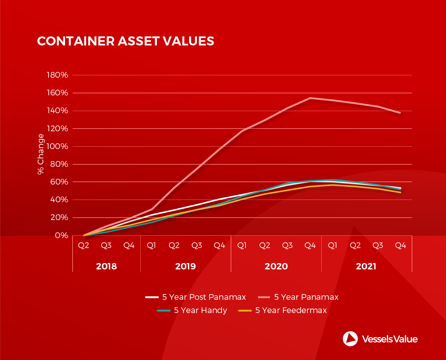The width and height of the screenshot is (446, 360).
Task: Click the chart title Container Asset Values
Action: (125, 41)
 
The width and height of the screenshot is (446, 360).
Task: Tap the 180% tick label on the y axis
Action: (58, 75)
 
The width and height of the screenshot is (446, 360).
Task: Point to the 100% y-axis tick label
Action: (58, 147)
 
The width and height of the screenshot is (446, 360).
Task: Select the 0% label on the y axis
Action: (61, 235)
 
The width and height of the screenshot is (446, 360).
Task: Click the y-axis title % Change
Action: (41, 154)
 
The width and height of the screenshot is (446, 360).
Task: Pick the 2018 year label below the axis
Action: (106, 266)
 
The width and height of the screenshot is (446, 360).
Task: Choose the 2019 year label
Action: (186, 266)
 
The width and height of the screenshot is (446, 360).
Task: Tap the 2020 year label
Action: (276, 266)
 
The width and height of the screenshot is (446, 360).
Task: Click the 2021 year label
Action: (366, 266)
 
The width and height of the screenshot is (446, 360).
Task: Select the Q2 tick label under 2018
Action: (84, 246)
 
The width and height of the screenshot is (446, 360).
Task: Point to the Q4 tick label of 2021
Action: (401, 246)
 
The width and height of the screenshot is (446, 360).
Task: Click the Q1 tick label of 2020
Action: (242, 246)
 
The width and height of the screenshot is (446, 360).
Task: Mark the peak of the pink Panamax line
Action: (310, 98)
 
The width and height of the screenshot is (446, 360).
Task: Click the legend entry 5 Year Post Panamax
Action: (204, 297)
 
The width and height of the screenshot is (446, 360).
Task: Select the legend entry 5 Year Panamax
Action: (306, 297)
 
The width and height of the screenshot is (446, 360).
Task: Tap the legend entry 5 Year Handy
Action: (200, 310)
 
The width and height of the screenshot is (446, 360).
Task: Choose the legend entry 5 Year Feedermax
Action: (291, 310)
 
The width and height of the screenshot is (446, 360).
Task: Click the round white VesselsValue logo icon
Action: (350, 339)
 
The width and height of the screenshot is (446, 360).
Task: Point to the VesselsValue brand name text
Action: (390, 339)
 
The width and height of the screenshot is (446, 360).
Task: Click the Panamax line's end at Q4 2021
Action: (400, 113)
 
